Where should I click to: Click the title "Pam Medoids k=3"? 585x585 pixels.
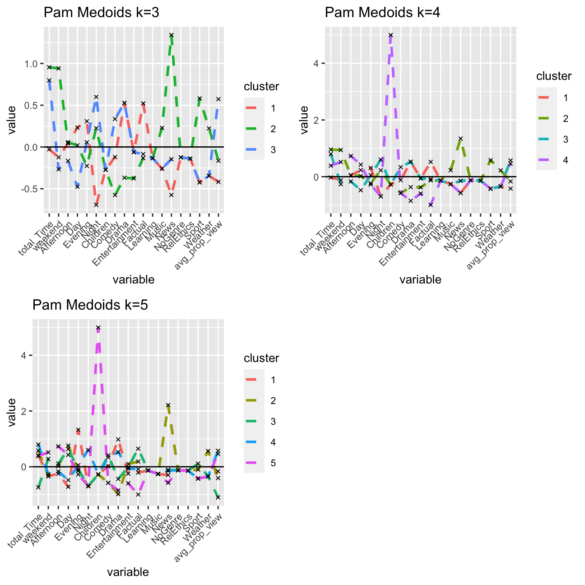pyautogui.click(x=101, y=13)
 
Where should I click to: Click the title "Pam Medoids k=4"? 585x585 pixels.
pyautogui.click(x=382, y=13)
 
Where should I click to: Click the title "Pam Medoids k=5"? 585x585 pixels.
pyautogui.click(x=90, y=305)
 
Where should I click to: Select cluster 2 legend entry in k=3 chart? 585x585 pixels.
pyautogui.click(x=261, y=129)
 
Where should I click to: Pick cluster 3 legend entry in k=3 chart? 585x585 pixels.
pyautogui.click(x=261, y=150)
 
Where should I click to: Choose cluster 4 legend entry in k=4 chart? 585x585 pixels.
pyautogui.click(x=553, y=160)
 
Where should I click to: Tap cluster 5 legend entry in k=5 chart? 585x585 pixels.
pyautogui.click(x=261, y=463)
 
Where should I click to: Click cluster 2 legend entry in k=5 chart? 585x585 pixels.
pyautogui.click(x=261, y=401)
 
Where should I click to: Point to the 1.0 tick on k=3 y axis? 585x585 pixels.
pyautogui.click(x=32, y=64)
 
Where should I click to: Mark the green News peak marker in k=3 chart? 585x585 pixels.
pyautogui.click(x=172, y=35)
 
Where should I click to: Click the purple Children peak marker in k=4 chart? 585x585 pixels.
pyautogui.click(x=390, y=35)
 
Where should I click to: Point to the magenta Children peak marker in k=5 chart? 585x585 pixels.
pyautogui.click(x=98, y=328)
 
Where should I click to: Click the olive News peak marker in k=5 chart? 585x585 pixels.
pyautogui.click(x=168, y=405)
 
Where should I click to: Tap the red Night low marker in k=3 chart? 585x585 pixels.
pyautogui.click(x=96, y=204)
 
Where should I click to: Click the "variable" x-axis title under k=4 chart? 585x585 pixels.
pyautogui.click(x=420, y=280)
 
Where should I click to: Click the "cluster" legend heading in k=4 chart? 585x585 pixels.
pyautogui.click(x=554, y=76)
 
